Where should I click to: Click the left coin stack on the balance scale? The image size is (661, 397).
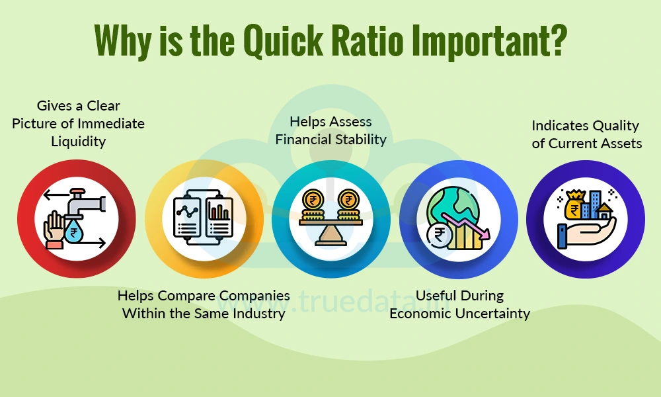tap(313, 206)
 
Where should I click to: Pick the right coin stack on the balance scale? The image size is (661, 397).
tap(348, 206)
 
